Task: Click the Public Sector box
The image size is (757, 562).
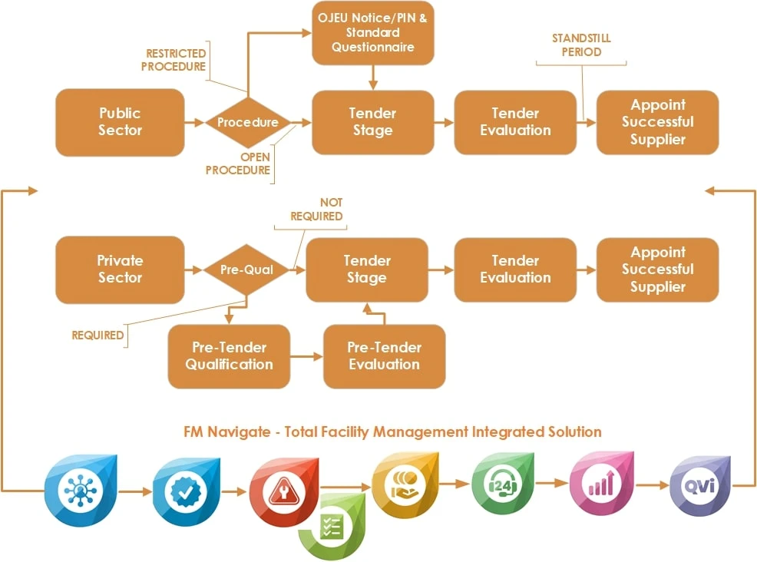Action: click(120, 121)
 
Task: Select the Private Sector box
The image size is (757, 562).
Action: click(120, 269)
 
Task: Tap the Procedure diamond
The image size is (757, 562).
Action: click(247, 122)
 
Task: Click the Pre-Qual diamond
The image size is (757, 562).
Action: click(246, 269)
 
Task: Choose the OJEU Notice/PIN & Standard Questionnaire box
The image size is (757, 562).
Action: click(372, 33)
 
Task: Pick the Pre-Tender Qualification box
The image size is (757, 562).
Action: click(229, 355)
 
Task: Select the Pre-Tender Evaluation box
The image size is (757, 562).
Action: click(384, 355)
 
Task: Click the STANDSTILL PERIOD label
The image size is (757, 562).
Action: click(581, 45)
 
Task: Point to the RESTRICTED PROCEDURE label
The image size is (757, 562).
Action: click(176, 60)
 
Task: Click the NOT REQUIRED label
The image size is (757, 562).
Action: click(316, 210)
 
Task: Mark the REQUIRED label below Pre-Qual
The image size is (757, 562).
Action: click(98, 335)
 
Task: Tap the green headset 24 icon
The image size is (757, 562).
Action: click(502, 485)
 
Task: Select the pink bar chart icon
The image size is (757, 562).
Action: click(600, 485)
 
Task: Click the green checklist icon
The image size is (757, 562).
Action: click(332, 526)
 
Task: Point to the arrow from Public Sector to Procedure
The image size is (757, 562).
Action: click(195, 122)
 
